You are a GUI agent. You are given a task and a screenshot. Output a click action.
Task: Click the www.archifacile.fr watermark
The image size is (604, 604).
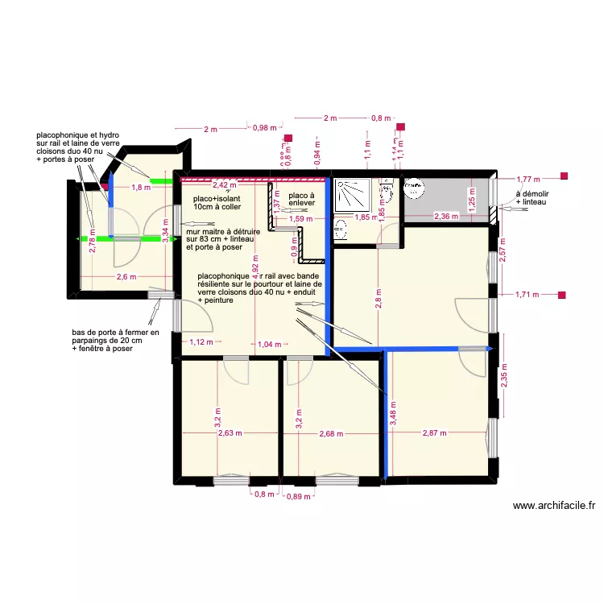554,506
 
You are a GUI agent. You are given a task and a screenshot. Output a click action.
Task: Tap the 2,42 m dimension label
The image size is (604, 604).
201,184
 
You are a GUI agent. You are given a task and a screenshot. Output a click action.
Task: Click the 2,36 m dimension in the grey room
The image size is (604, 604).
445,217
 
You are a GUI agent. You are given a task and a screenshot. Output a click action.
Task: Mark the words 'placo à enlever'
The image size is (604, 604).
301,199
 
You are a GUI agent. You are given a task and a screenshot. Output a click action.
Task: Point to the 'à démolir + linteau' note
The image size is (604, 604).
532,197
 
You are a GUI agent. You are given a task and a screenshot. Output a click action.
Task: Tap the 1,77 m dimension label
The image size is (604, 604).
527,179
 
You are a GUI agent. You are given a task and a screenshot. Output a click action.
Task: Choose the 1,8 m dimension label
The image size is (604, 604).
141,188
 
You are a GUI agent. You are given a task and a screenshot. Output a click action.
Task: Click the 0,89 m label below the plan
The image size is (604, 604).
299,497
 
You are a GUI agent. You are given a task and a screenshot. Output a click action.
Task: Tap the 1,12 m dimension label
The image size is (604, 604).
201,342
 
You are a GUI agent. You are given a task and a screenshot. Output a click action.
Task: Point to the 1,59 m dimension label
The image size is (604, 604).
300,218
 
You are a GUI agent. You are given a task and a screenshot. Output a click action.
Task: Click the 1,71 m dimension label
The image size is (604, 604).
527,296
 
